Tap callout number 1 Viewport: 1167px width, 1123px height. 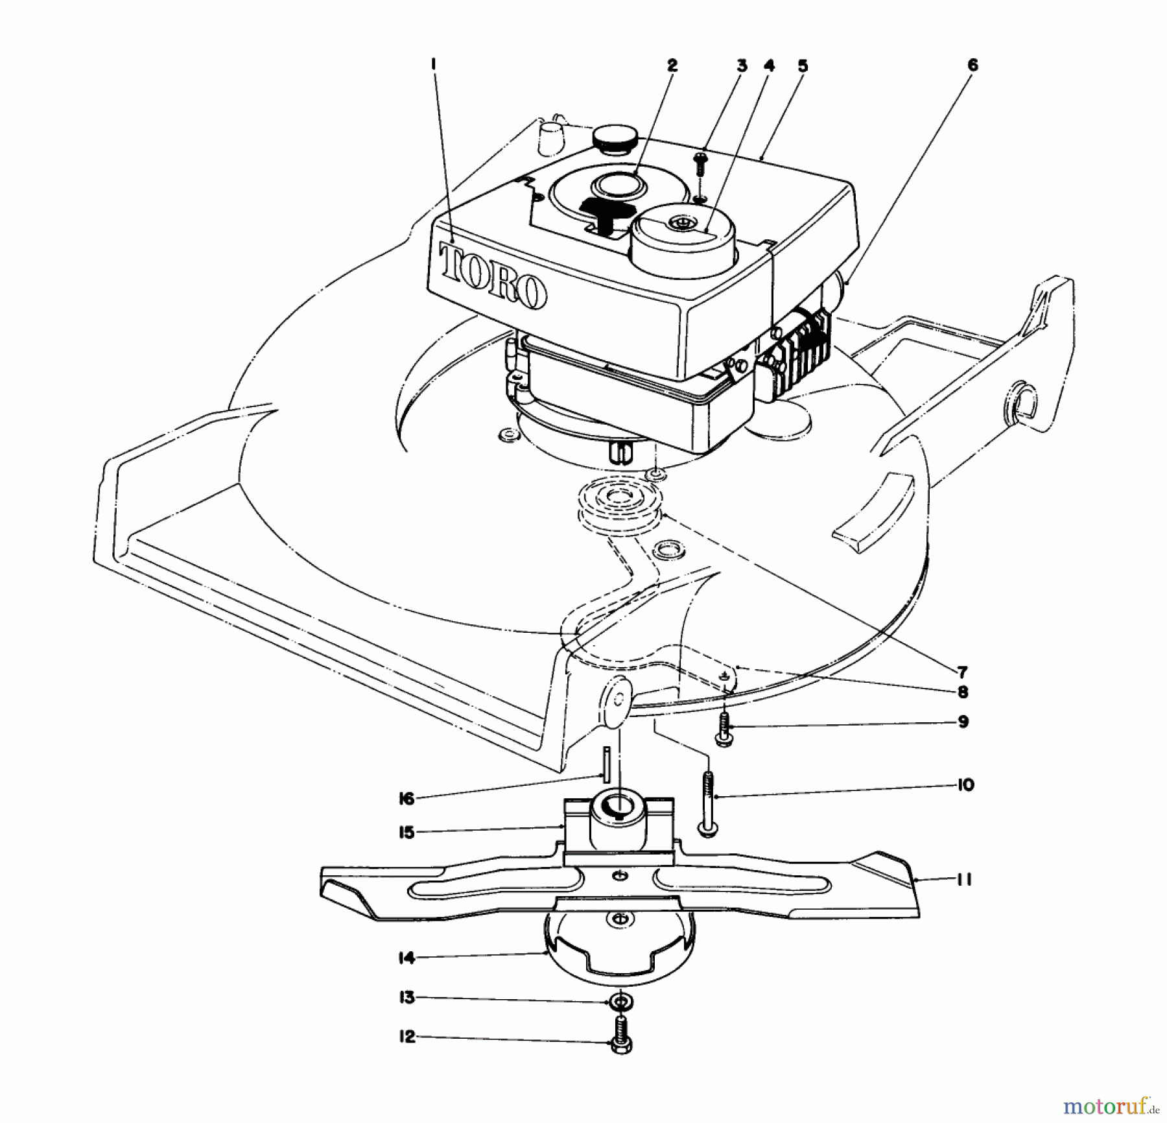pyautogui.click(x=433, y=64)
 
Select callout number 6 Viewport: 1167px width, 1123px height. pyautogui.click(x=972, y=65)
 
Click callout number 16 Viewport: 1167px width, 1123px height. pyautogui.click(x=407, y=799)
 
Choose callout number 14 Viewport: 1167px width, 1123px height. pyautogui.click(x=407, y=957)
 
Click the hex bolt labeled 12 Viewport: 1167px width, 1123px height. pyautogui.click(x=621, y=1042)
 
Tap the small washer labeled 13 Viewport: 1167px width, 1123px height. pyautogui.click(x=621, y=1002)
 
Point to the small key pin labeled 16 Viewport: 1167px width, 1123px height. pyautogui.click(x=606, y=764)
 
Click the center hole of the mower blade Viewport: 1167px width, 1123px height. pyautogui.click(x=621, y=876)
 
